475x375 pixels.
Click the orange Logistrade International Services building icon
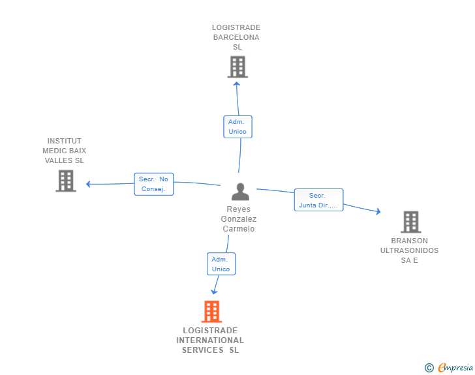pos(211,312)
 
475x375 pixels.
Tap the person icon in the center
pos(240,192)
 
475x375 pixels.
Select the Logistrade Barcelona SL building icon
pos(237,67)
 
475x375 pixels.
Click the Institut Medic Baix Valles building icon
pos(66,181)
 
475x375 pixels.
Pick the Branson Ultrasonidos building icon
pos(410,222)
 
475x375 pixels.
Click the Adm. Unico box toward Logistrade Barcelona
pos(237,127)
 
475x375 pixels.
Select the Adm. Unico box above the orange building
pos(221,264)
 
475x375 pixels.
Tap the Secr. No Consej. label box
pos(153,184)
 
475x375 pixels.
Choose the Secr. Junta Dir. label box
pos(318,200)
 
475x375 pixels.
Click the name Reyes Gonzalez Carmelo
pos(239,219)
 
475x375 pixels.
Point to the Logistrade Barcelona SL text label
pos(236,37)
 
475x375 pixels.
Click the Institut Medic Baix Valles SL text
pos(65,151)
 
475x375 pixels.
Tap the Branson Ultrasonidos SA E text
pos(410,250)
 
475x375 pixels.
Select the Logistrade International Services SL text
pos(210,340)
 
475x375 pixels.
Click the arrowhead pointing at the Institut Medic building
pos(89,184)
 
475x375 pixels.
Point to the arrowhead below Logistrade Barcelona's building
pos(236,83)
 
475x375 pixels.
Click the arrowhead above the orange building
pos(214,292)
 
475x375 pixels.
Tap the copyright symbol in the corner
pos(429,368)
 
